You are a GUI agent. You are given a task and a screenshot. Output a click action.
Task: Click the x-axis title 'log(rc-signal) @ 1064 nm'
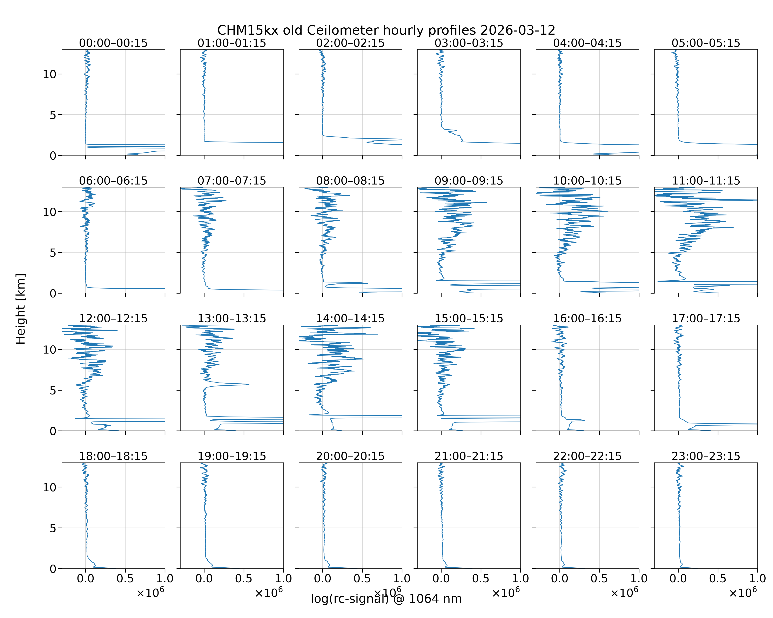point(386,599)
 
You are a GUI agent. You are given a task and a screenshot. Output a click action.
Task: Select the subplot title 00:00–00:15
point(113,43)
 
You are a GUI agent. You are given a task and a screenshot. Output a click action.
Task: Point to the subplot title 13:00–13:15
point(232,318)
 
